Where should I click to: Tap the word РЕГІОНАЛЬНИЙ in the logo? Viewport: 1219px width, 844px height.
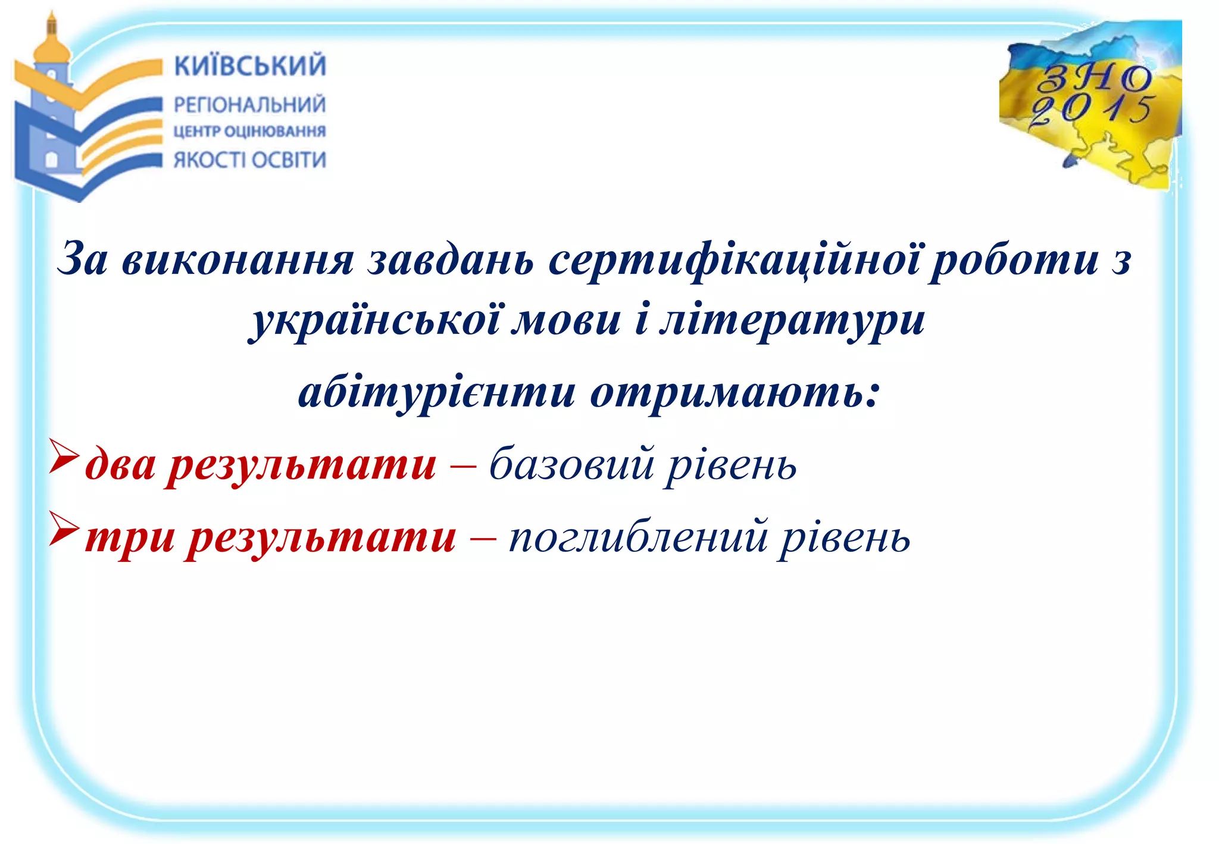pos(250,105)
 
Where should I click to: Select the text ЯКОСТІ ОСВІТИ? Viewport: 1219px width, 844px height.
pos(250,160)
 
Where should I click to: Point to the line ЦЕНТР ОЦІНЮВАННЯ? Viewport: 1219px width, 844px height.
pos(250,131)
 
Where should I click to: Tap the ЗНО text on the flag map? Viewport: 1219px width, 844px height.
pos(1094,78)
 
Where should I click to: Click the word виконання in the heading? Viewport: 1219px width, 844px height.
pos(238,261)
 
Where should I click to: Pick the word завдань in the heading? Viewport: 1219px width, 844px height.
pos(451,261)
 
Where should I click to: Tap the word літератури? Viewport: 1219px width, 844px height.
pos(792,321)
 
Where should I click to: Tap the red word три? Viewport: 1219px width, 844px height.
pos(130,537)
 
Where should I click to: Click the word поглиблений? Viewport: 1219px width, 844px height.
pos(638,537)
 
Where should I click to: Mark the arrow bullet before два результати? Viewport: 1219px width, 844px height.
pos(63,457)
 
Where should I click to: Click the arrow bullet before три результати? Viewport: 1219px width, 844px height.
pos(63,529)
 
